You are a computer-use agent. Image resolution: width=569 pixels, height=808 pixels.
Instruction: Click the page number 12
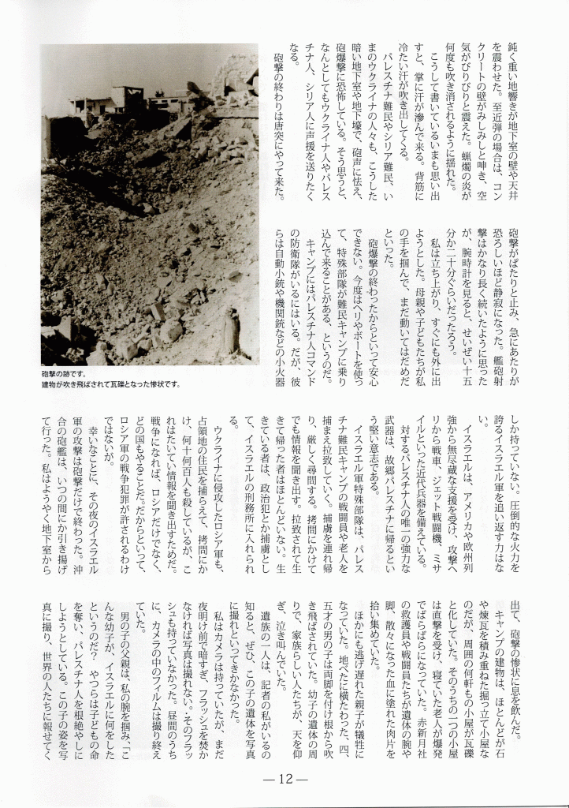pyautogui.click(x=284, y=778)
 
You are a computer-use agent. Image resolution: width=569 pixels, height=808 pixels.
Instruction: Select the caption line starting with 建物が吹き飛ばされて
pyautogui.click(x=110, y=384)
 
